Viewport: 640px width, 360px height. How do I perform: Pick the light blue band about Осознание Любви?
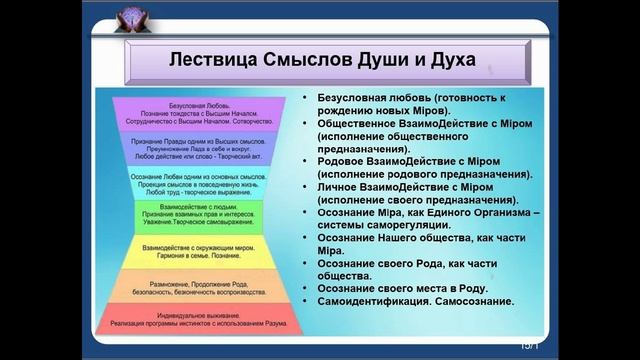198,182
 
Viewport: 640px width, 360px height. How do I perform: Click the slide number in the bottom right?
528,345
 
